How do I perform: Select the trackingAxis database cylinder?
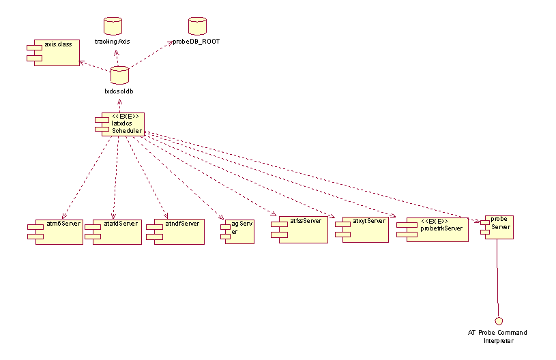click(x=112, y=27)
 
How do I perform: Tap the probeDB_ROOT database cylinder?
click(x=197, y=27)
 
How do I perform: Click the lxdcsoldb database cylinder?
click(x=119, y=75)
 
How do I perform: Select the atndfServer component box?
click(x=176, y=231)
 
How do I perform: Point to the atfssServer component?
click(x=301, y=228)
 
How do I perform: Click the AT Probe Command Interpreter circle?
click(x=498, y=320)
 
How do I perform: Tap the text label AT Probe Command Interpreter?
click(x=497, y=337)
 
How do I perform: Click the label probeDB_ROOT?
click(x=198, y=42)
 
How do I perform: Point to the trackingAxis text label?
click(x=112, y=42)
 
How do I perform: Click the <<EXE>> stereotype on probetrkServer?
click(x=435, y=222)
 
